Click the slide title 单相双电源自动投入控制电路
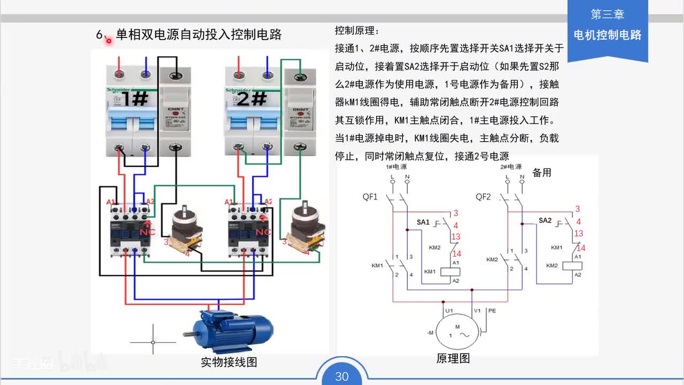(x=198, y=35)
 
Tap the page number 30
(x=341, y=376)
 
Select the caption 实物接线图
(x=229, y=362)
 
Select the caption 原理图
(x=453, y=358)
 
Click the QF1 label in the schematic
(x=370, y=197)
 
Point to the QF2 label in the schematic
(x=483, y=197)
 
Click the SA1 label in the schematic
(x=423, y=222)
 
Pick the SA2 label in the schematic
(x=545, y=220)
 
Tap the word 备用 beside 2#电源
(x=541, y=173)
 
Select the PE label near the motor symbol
(x=492, y=311)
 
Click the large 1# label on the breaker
(x=134, y=98)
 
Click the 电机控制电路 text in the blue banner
(x=607, y=35)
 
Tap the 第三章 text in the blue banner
(x=607, y=14)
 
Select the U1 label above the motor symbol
(x=449, y=311)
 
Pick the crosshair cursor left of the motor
(x=153, y=342)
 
